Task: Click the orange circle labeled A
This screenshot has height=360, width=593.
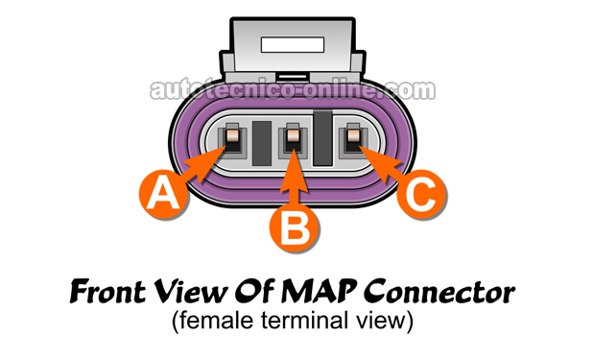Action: [x=163, y=194]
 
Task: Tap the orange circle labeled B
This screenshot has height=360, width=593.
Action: [x=295, y=228]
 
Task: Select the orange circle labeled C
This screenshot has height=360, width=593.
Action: [x=421, y=194]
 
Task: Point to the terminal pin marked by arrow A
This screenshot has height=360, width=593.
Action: [x=232, y=139]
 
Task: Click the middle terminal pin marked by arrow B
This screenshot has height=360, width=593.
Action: [x=294, y=139]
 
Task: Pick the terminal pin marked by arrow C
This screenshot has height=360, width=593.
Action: [x=354, y=139]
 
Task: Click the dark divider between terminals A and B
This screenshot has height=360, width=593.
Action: [x=262, y=143]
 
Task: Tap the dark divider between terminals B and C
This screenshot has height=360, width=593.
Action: [x=323, y=138]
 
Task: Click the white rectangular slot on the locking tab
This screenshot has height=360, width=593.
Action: [x=293, y=45]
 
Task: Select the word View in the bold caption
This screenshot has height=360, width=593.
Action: [x=191, y=292]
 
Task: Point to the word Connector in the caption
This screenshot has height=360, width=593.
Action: [x=439, y=292]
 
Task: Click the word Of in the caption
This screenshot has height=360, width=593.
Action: [x=254, y=291]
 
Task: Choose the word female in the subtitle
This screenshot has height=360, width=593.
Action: [x=216, y=321]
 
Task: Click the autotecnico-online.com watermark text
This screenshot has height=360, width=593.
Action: [x=293, y=90]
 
